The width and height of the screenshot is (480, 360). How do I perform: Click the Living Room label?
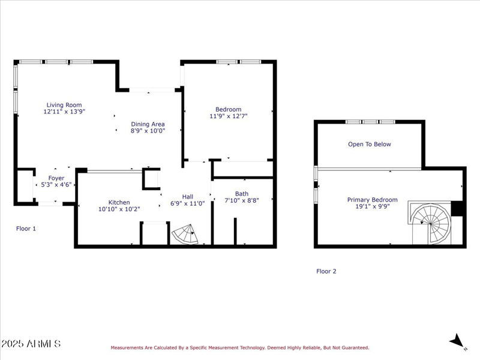point(64,105)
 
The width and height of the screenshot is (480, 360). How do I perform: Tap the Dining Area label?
point(148,124)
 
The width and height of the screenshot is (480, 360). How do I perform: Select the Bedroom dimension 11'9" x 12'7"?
point(228,116)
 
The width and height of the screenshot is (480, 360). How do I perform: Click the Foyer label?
point(56,178)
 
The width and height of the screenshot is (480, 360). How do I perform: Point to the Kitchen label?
point(119,202)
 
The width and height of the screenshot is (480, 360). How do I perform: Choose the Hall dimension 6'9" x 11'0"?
point(187,203)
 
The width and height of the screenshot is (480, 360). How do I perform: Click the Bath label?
point(242,194)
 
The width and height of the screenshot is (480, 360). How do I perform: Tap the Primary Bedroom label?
point(372,200)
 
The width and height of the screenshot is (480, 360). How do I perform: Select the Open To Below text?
point(370,144)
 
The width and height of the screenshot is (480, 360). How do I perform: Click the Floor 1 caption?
point(26,229)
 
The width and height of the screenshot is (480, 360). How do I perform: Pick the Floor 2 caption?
point(326,271)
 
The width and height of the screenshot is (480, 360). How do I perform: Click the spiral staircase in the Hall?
point(185,235)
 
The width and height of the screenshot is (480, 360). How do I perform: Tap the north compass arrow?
point(458,341)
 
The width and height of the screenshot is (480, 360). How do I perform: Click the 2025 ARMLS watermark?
point(31,344)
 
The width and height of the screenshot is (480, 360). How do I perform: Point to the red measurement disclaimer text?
point(239,347)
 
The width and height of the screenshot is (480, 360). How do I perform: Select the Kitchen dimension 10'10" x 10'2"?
point(119,209)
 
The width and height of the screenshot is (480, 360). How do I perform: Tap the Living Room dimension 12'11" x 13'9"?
point(64,112)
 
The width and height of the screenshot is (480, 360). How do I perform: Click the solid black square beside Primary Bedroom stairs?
point(458,208)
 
